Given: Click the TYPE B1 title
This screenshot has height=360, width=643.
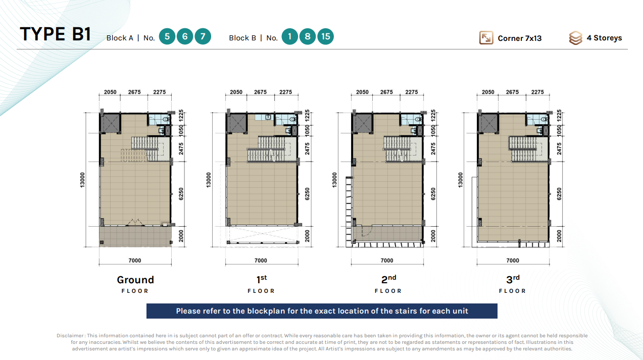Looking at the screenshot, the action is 56,34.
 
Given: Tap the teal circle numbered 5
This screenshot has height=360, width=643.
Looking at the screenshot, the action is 167,36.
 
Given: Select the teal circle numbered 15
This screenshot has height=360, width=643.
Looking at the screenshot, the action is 325,36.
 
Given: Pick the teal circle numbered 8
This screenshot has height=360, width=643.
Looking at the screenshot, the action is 308,36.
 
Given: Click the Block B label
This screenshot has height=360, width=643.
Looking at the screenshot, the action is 242,38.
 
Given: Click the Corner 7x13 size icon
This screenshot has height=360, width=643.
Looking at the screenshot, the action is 486,37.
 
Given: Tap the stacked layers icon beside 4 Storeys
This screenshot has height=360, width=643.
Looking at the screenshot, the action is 575,38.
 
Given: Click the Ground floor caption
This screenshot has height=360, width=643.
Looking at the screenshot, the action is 135,284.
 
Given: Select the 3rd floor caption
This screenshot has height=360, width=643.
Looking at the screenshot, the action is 513,284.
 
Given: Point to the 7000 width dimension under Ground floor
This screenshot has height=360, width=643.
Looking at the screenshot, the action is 135,261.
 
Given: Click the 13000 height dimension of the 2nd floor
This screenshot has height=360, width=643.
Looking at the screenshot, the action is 334,180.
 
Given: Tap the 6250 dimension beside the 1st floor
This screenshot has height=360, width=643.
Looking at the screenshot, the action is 307,194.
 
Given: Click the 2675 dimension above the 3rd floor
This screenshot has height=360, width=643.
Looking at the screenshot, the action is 512,92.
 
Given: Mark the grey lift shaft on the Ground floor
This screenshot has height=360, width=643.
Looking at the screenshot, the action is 110,123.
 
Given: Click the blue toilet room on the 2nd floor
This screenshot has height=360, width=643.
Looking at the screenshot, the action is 411,119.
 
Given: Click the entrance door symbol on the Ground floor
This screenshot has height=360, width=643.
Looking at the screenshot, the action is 135,223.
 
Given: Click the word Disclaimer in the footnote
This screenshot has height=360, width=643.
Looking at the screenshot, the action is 70,336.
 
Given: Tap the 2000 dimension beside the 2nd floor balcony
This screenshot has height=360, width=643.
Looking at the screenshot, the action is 433,236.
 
